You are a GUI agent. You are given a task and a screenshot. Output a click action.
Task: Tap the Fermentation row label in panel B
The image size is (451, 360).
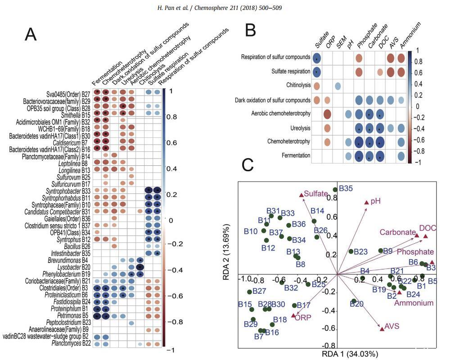(295, 155)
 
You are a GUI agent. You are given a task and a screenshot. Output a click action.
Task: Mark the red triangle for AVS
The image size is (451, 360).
(382, 329)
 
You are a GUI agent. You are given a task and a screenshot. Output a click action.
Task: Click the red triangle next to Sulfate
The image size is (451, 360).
(301, 195)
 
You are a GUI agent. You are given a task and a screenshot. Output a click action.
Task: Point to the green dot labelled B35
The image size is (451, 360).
(334, 190)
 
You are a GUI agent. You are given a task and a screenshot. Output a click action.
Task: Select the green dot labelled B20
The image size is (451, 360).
(354, 301)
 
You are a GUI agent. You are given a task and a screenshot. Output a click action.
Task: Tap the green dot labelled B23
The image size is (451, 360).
(351, 251)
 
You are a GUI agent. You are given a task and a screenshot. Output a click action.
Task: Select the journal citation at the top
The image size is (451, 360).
(225, 9)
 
